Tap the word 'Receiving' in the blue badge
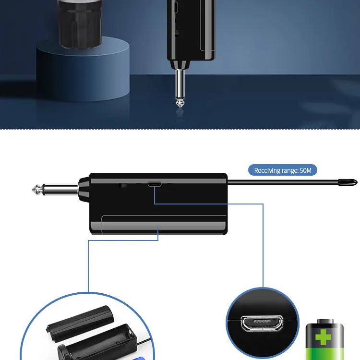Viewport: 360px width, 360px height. click(269, 170)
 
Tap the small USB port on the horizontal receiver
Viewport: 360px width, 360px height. click(155, 184)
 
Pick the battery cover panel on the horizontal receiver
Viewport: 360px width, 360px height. click(158, 225)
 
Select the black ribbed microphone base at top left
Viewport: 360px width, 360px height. click(82, 24)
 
